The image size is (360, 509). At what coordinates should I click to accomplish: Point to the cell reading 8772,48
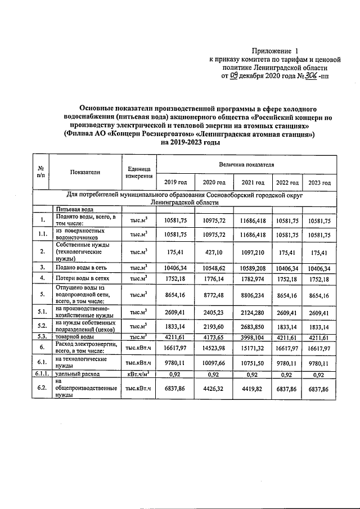[x=213, y=294]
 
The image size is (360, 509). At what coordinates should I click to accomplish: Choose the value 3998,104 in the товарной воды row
[x=253, y=337]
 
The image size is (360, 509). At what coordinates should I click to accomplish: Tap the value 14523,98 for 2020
[x=213, y=348]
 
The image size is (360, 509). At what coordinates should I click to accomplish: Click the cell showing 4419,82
[x=253, y=388]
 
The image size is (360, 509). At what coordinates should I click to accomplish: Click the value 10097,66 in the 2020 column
[x=213, y=362]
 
